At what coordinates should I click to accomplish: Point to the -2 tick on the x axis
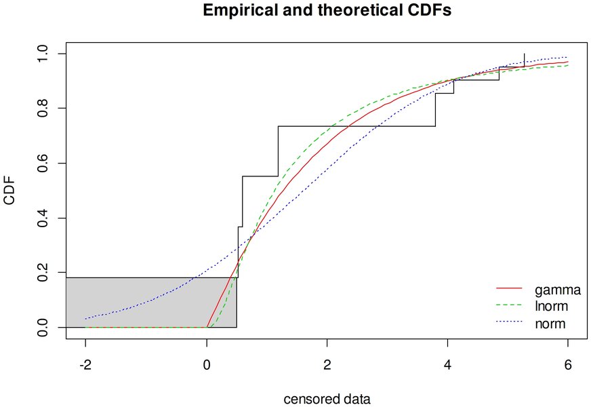coord(85,363)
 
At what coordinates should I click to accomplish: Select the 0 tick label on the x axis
coord(206,363)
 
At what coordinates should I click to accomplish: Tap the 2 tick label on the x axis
coord(327,363)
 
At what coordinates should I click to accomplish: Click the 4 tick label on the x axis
coord(447,363)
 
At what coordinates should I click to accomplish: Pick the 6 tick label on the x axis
coord(568,363)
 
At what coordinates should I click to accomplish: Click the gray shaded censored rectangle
coord(149,303)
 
